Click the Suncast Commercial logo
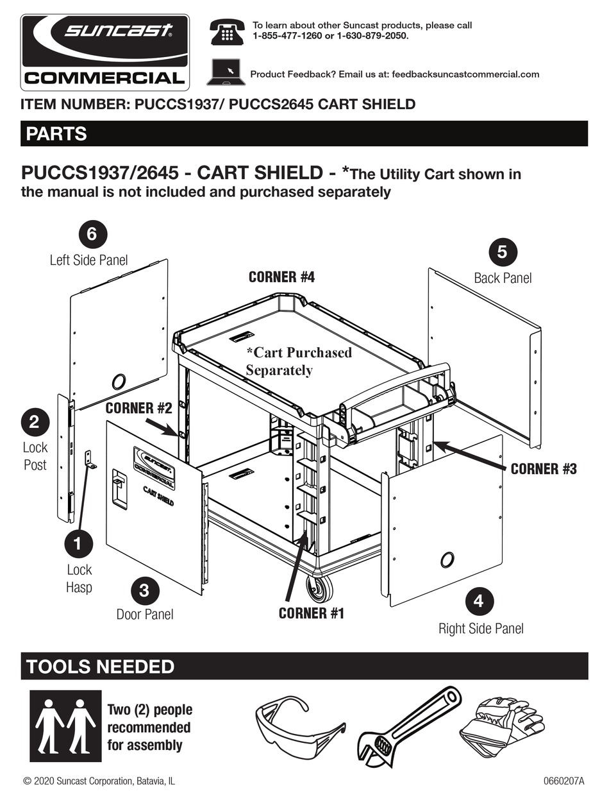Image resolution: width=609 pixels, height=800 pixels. [x=105, y=51]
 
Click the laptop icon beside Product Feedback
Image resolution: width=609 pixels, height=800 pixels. [x=224, y=72]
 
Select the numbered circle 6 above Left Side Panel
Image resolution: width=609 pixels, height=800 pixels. [x=92, y=234]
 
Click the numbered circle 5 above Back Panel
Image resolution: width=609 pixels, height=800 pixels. [x=502, y=252]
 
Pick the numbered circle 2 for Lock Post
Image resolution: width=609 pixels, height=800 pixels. [x=35, y=421]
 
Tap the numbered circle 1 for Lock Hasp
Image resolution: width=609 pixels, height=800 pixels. [x=78, y=544]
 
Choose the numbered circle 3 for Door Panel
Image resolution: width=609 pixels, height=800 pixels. [x=144, y=590]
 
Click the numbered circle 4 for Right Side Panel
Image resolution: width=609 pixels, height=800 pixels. [x=478, y=602]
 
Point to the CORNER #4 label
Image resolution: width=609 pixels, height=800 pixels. [x=281, y=277]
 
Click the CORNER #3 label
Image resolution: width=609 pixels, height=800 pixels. [x=544, y=469]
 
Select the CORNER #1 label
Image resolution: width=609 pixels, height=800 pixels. [x=311, y=613]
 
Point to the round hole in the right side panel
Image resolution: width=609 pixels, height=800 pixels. [x=447, y=559]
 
